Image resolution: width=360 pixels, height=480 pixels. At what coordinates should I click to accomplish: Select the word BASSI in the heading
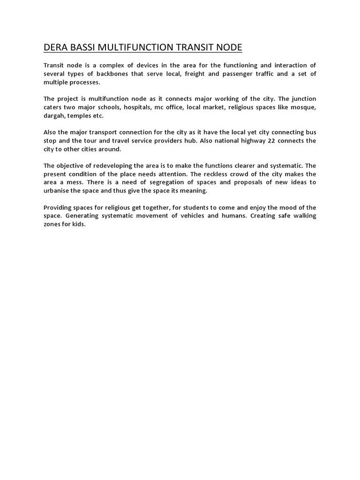[x=83, y=47]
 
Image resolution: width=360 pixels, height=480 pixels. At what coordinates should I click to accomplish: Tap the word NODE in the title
[x=228, y=47]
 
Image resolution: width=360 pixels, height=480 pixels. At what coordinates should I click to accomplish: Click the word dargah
[x=54, y=116]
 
